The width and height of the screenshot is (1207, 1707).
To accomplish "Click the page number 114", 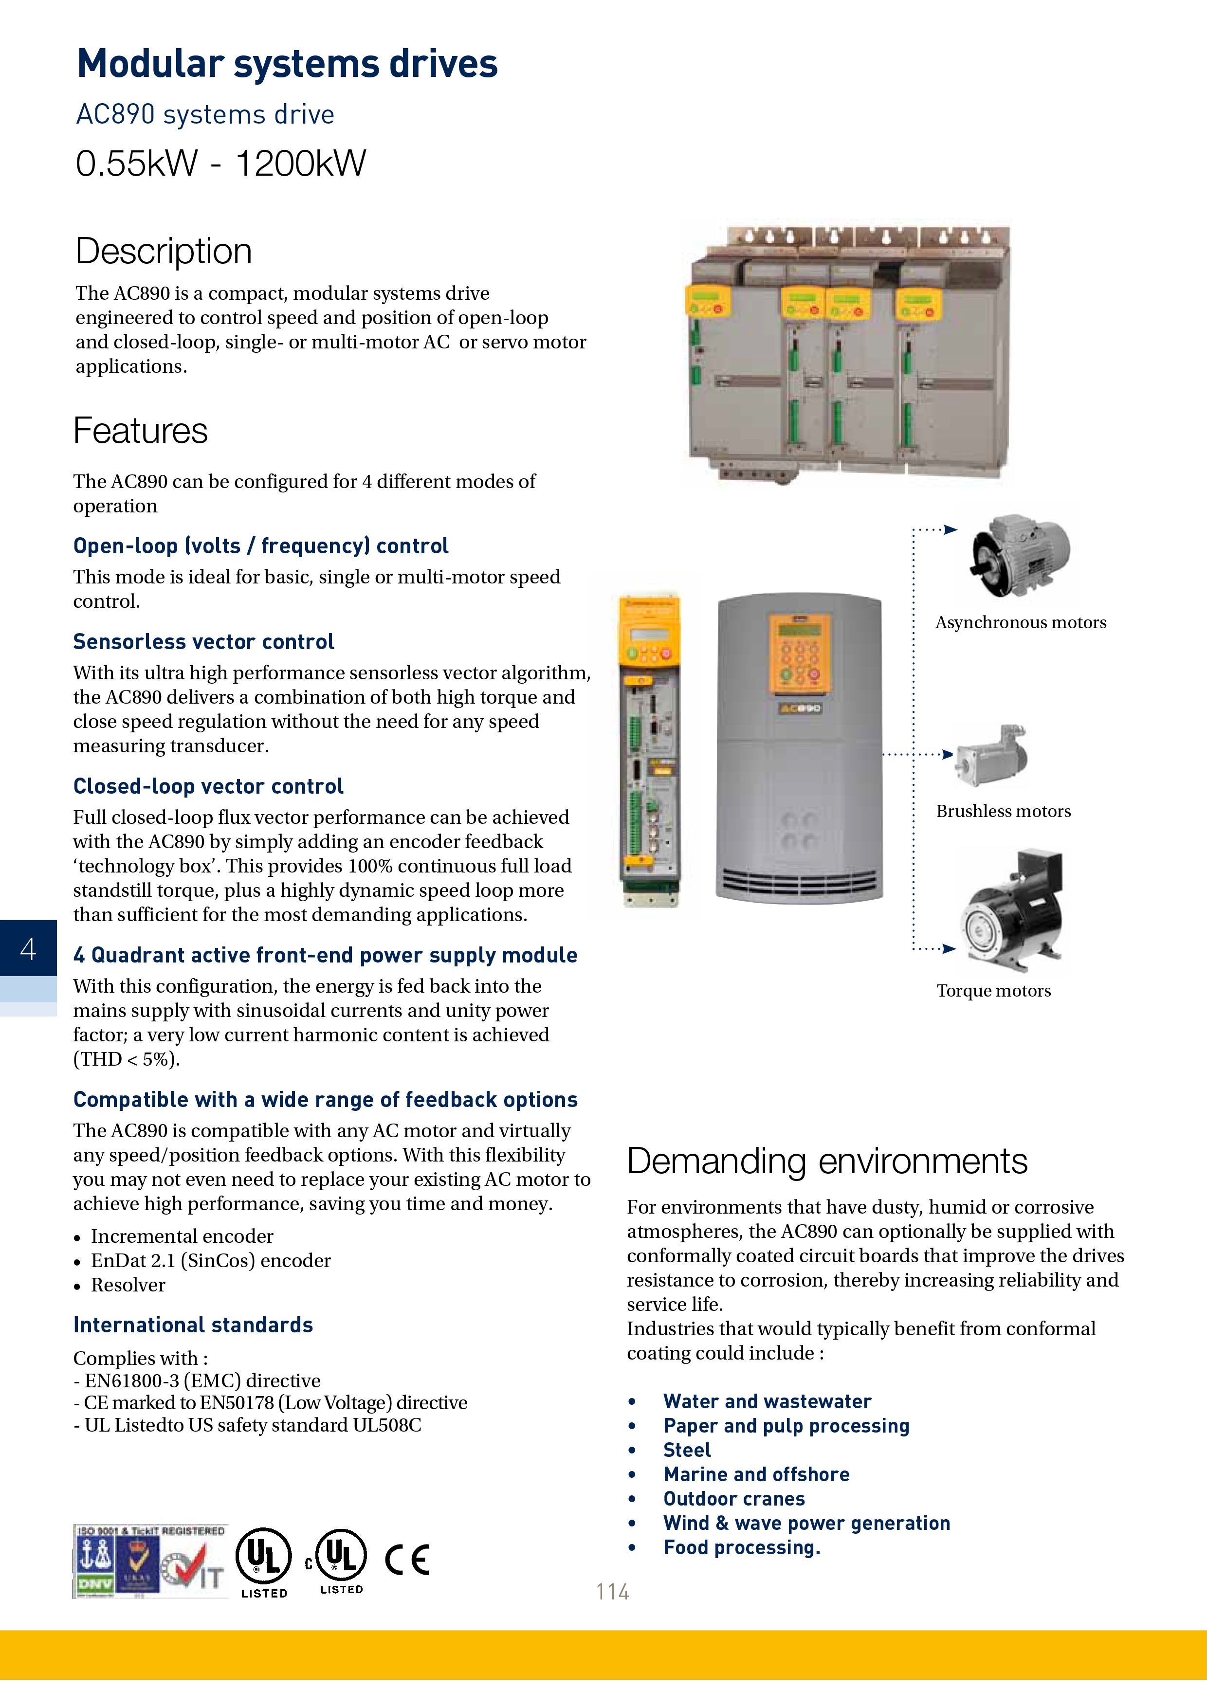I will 612,1591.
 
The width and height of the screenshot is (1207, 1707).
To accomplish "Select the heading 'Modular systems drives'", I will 287,64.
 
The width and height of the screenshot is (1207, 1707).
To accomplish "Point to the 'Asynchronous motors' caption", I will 1020,622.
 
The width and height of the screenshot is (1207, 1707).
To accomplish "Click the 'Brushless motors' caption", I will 1003,811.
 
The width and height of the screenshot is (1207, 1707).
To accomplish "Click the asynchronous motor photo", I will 1020,555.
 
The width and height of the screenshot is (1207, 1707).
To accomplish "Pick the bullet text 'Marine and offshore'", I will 756,1474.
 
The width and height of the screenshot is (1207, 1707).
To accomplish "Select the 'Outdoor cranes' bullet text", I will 734,1499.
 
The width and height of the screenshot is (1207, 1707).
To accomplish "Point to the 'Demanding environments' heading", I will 827,1162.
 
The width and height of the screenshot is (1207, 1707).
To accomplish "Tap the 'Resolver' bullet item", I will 128,1285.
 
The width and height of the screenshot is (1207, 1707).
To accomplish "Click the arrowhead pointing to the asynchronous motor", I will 951,529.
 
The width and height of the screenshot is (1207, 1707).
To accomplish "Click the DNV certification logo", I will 94,1562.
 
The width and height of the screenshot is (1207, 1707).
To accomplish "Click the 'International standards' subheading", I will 193,1325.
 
